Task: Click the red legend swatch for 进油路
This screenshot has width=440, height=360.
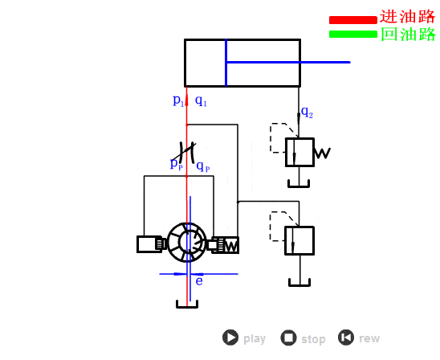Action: coord(353,20)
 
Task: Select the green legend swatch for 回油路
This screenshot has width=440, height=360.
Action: coord(353,34)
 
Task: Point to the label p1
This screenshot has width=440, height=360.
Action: coord(178,100)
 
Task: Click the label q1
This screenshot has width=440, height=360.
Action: coord(201,100)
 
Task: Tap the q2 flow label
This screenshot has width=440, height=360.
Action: coord(307,112)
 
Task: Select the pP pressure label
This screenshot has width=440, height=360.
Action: coord(177,163)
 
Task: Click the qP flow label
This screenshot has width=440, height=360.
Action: coord(203,166)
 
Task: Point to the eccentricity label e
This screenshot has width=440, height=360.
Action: coord(199,281)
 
